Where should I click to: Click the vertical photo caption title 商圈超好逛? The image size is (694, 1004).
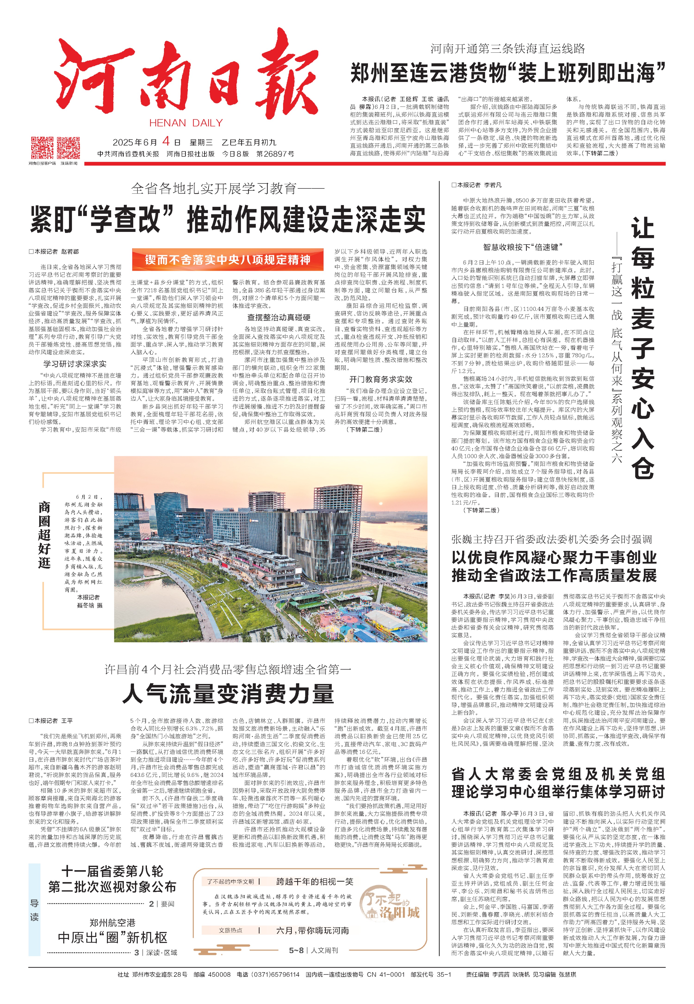44,535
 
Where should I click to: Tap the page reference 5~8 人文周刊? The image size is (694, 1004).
313,951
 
